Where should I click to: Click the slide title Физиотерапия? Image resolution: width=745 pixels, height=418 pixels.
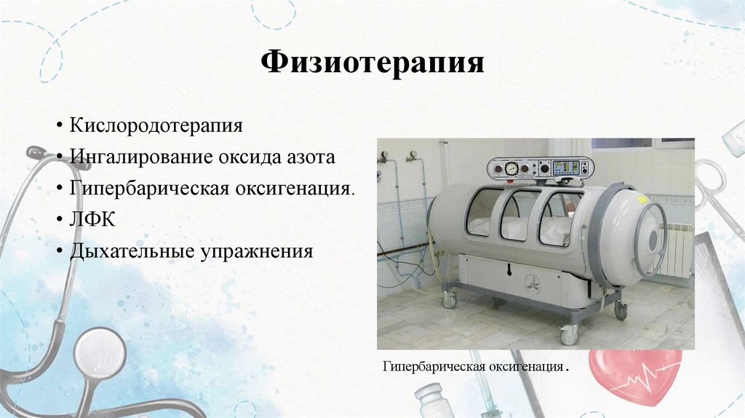point(372,63)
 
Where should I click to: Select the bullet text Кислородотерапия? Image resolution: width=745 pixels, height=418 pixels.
point(156,125)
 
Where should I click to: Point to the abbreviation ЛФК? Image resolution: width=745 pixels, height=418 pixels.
point(89,220)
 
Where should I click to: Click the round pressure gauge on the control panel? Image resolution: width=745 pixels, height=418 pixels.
point(512,167)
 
